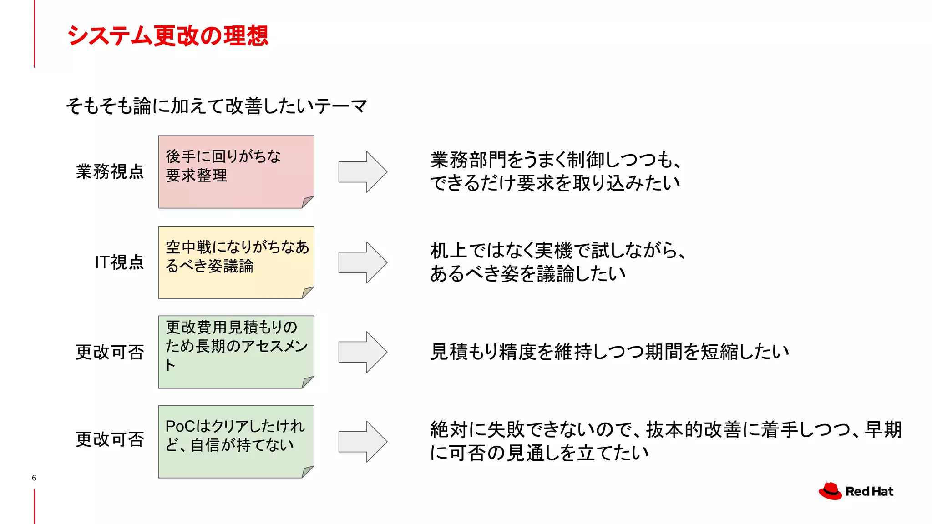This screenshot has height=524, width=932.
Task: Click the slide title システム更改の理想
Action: click(167, 35)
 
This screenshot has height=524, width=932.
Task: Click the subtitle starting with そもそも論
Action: click(217, 106)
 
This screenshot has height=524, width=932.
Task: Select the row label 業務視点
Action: click(110, 171)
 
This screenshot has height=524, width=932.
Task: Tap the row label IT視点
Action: click(119, 262)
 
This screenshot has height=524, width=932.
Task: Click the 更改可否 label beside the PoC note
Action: click(110, 439)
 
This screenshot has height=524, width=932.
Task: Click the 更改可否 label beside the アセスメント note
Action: click(110, 352)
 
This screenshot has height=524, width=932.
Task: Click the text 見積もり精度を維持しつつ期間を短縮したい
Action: click(609, 352)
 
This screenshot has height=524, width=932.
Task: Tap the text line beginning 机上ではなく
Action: click(558, 251)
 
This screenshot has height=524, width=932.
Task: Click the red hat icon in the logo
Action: click(830, 491)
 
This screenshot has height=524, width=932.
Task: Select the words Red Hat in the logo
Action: click(869, 491)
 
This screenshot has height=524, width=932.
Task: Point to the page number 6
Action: click(34, 478)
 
